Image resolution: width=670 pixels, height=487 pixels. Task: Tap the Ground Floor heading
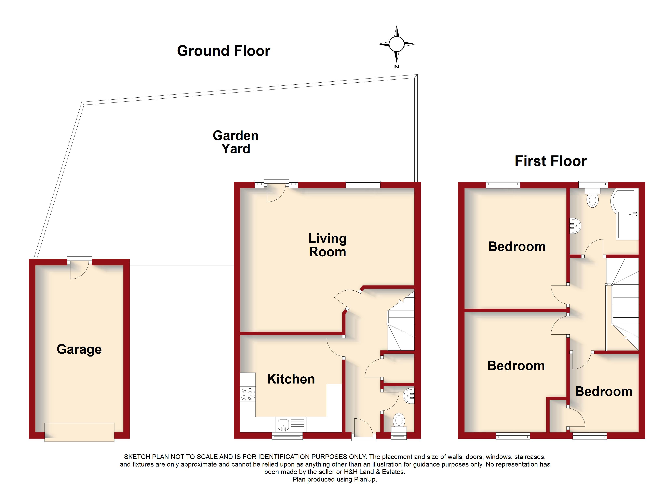[223, 51]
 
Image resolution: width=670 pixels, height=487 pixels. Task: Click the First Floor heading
[550, 161]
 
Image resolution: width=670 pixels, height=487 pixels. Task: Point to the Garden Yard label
[236, 142]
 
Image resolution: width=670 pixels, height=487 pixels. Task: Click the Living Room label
[327, 245]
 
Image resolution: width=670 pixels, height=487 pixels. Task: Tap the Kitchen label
[291, 379]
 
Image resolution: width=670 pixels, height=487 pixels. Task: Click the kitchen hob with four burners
[247, 394]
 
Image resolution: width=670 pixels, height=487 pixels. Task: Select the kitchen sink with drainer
[291, 424]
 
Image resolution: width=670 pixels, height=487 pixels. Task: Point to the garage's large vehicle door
[79, 432]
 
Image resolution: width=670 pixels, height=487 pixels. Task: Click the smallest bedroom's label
[604, 392]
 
